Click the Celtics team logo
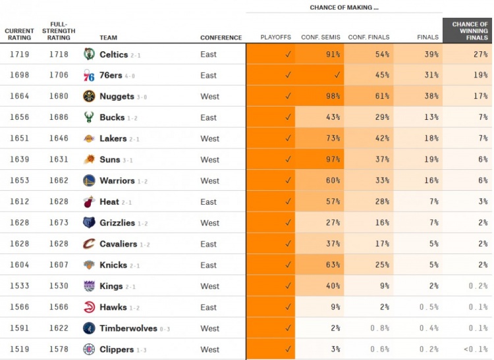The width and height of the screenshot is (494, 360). coord(89,54)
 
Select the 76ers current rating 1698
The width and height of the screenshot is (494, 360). coord(20,75)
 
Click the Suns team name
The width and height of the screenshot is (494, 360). coord(109,159)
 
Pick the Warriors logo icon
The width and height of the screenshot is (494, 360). coord(89,180)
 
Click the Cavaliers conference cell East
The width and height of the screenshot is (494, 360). coord(208,244)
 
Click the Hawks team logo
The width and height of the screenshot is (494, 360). coord(89,307)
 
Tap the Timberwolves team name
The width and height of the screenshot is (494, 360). coord(128,328)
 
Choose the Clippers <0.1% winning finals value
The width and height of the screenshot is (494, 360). coord(474,349)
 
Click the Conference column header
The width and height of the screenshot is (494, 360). coord(221,38)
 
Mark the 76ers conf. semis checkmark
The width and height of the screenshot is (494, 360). coord(337,75)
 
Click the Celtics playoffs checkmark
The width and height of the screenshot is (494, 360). coord(287,54)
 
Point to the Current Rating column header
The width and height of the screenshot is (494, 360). coord(19,34)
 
